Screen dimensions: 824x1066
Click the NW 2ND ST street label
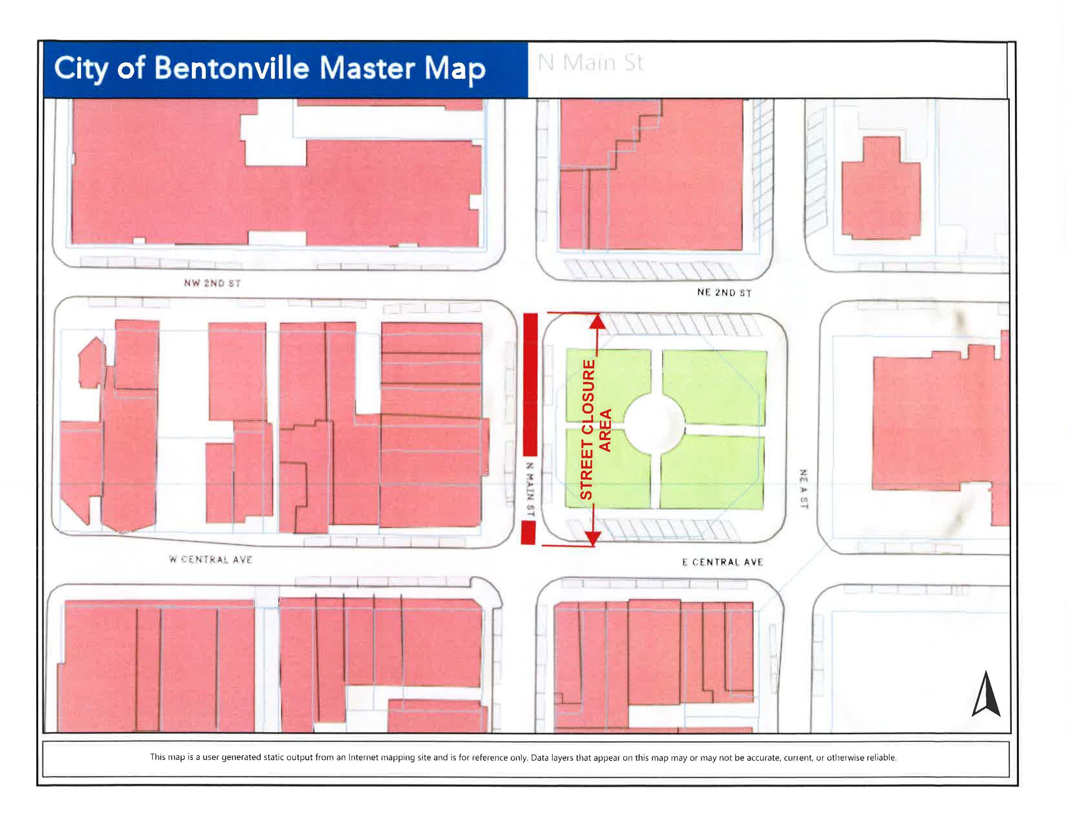click(212, 283)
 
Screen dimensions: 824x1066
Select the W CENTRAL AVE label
click(210, 559)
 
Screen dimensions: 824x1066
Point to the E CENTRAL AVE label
click(722, 562)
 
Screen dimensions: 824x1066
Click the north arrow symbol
click(986, 694)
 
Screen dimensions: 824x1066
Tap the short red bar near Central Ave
click(528, 532)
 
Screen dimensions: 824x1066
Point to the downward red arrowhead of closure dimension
click(592, 538)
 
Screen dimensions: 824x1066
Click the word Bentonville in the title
click(232, 68)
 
